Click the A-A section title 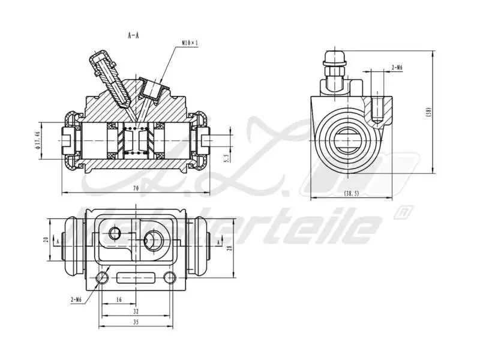133,36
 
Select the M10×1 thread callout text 190,43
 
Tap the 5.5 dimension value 226,159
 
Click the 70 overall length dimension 136,189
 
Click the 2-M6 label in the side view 396,68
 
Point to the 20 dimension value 45,239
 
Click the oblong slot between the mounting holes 136,278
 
